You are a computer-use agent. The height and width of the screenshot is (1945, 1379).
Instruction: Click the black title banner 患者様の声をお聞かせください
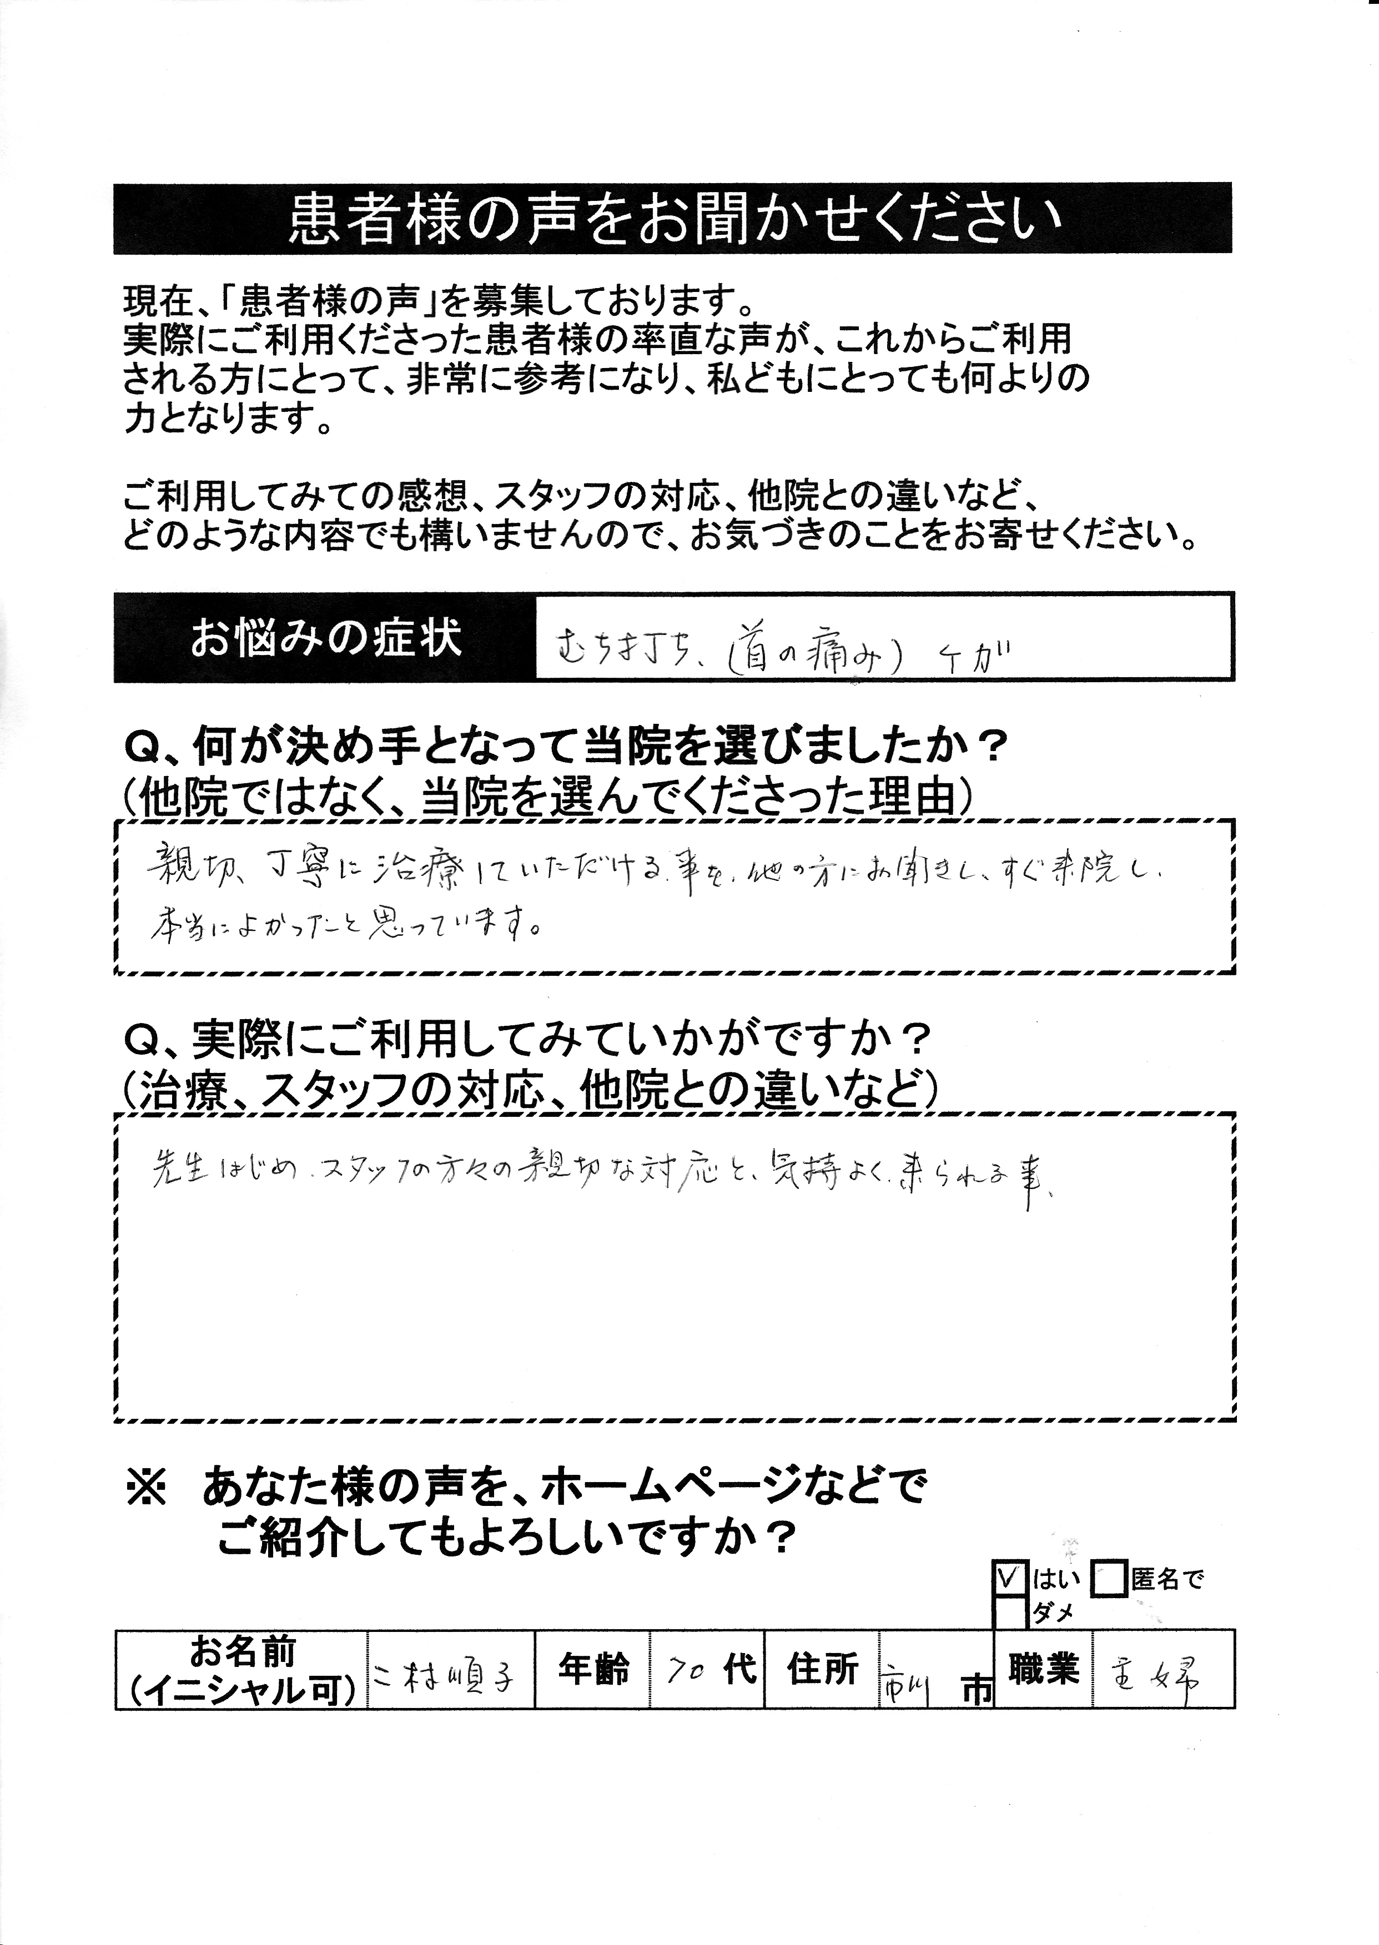672,219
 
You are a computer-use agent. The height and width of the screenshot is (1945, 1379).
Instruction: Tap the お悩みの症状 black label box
325,638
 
